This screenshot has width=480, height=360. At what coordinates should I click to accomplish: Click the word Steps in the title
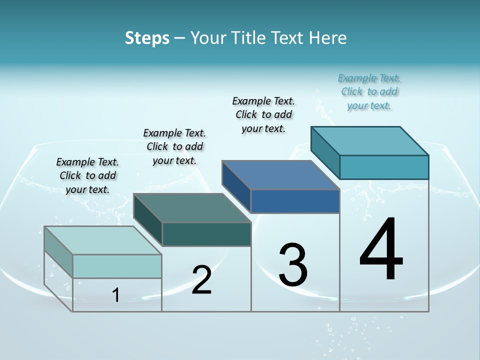point(147,38)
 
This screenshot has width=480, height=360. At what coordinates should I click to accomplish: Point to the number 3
point(293,265)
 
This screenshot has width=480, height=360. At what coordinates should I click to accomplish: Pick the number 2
point(201,280)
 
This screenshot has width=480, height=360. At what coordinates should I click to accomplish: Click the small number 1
point(116,295)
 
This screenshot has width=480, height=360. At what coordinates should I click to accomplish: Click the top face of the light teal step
point(103,240)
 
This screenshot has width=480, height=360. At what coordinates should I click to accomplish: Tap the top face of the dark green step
point(192,208)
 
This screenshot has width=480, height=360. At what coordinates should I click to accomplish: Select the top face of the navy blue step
point(281,175)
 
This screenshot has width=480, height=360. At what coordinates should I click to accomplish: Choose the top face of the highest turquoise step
point(370,141)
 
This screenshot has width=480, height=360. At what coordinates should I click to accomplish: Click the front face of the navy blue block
point(295,201)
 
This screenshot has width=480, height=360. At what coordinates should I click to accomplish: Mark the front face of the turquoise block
point(384,167)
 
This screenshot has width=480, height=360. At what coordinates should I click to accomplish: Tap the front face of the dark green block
point(206,234)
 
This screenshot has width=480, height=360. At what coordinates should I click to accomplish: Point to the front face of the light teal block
point(117,266)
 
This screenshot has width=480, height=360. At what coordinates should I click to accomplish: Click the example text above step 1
point(87,175)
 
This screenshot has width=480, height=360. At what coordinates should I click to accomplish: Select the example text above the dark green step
point(174,146)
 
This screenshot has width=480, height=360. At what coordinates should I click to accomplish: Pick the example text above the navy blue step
point(263,114)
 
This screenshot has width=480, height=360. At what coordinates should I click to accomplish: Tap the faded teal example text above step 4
point(369,91)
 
